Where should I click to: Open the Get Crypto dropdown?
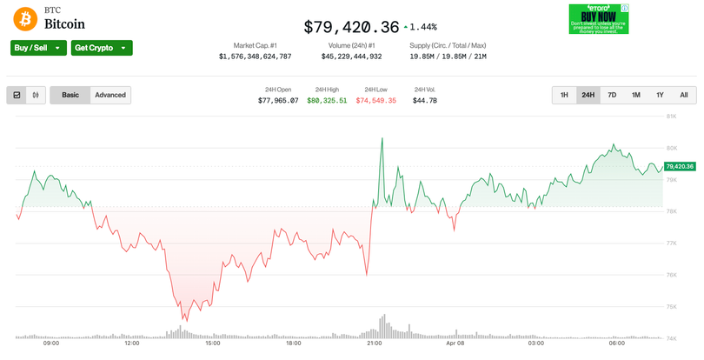tap(102, 48)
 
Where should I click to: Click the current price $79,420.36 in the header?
tap(351, 27)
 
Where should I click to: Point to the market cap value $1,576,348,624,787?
tap(255, 57)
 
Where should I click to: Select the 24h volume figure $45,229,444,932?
tap(351, 57)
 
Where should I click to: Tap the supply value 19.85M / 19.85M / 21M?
tap(448, 57)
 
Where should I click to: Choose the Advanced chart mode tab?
tap(110, 95)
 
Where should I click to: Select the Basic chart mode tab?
tap(70, 95)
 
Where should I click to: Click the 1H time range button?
tap(564, 95)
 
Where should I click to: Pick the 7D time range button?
tap(612, 95)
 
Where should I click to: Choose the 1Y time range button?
tap(660, 95)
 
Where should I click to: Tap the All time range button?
tap(684, 95)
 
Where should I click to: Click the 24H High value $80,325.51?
tap(327, 101)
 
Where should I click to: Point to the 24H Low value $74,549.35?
tap(375, 101)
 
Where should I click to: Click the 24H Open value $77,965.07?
tap(278, 101)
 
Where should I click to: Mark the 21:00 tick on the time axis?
tap(375, 343)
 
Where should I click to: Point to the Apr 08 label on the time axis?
tap(455, 343)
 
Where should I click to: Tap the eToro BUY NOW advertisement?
tap(599, 19)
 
